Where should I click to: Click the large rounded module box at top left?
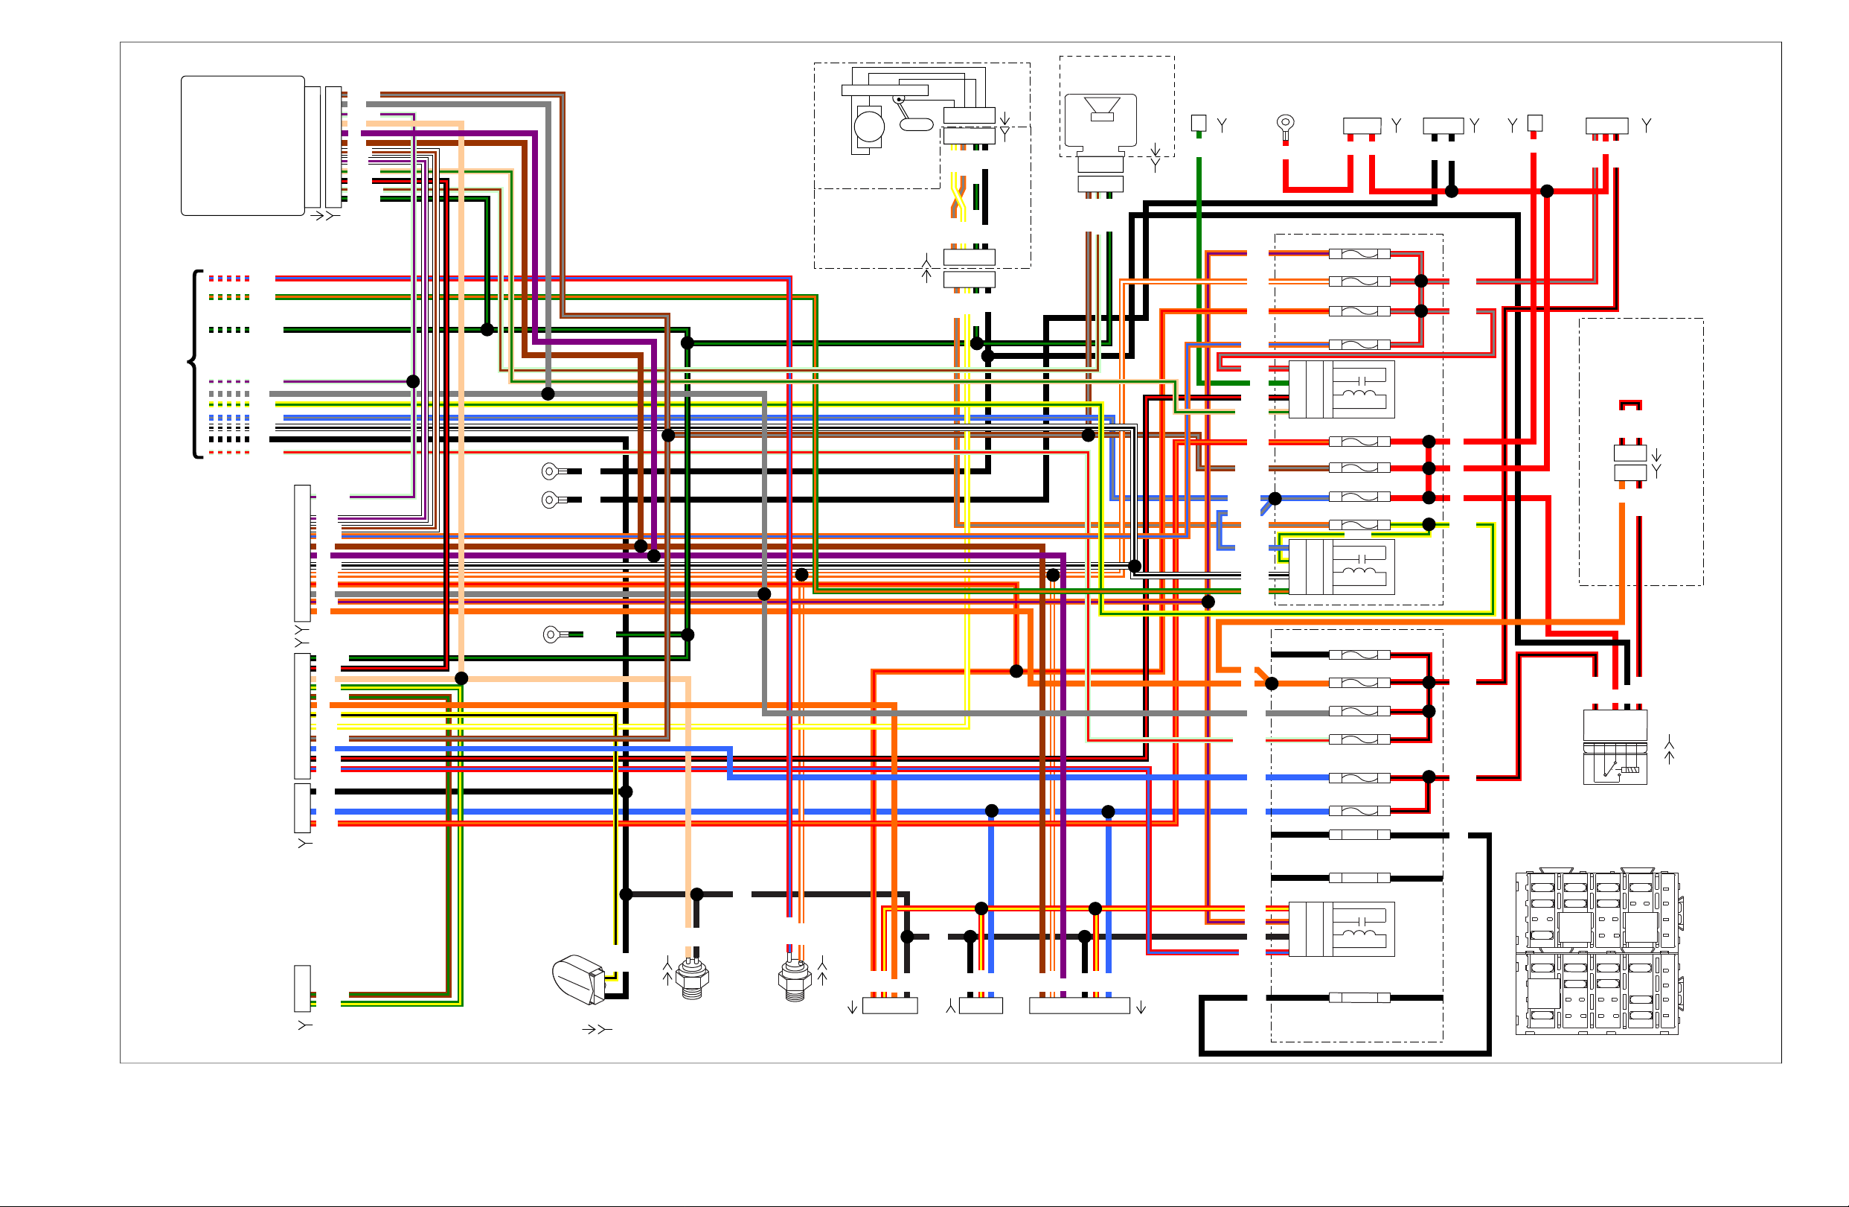tap(243, 145)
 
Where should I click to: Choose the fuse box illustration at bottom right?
tap(1598, 952)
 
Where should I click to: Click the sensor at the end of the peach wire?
tap(691, 978)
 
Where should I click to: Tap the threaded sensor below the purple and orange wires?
tap(794, 979)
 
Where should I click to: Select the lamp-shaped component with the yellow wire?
tap(578, 979)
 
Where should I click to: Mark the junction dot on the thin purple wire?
tap(413, 381)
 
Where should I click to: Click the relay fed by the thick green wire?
tap(1342, 389)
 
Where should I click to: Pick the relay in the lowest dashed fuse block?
tap(1342, 929)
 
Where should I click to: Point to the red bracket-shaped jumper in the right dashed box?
tap(1630, 405)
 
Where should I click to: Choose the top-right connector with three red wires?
tap(1606, 126)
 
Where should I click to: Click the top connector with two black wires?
tap(1443, 126)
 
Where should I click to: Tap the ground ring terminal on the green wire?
tap(551, 635)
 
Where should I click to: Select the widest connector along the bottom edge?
tap(1079, 1006)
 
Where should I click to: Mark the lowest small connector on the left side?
tap(302, 989)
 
